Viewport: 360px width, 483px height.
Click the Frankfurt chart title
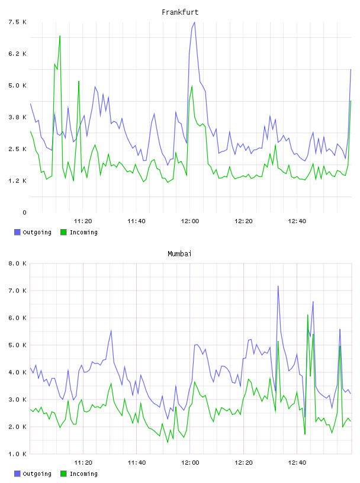180,12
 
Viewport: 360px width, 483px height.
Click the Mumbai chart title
179,254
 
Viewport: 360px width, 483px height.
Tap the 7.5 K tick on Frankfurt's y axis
17,22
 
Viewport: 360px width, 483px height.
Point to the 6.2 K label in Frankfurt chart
17,54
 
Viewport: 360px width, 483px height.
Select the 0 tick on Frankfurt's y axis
24,212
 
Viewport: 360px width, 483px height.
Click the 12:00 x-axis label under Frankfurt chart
190,221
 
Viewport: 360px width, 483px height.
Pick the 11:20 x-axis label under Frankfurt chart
83,221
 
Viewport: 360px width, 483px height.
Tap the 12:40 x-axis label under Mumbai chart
297,462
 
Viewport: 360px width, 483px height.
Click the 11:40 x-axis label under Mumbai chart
137,462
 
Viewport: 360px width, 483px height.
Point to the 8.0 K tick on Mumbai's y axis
17,263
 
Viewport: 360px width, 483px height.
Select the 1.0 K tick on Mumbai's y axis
17,454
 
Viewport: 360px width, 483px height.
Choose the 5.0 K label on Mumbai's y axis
17,345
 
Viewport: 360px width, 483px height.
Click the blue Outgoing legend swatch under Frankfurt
17,232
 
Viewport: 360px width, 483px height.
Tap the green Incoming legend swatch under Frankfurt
63,232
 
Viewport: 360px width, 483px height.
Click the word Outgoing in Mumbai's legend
37,474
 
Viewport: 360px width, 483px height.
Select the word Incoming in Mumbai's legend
83,474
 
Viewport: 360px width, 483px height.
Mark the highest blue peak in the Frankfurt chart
194,22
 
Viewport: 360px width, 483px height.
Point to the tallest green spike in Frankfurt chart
60,36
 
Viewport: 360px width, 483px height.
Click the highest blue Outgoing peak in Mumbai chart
278,286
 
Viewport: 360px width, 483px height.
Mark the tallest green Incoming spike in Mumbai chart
308,315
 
